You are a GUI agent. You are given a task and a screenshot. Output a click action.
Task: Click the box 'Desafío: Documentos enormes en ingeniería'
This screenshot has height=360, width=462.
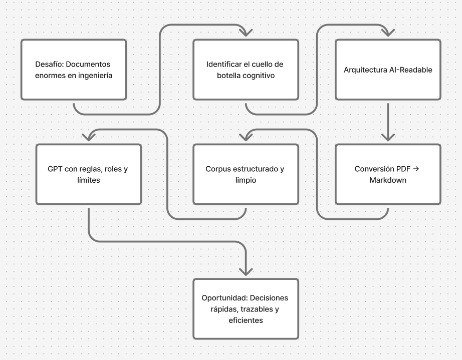[x=73, y=70]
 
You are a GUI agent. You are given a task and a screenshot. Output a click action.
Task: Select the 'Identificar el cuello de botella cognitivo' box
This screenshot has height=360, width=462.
[x=246, y=70]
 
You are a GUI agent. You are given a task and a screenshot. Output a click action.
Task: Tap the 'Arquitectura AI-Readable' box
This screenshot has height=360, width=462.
[x=388, y=70]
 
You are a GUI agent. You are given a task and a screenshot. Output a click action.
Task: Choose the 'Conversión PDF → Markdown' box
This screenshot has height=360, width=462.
[x=388, y=174]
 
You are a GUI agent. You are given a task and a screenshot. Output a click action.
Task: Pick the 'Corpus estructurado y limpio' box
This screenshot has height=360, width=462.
[x=246, y=174]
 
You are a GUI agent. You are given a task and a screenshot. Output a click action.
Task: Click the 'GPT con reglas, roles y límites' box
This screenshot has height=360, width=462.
[x=89, y=174]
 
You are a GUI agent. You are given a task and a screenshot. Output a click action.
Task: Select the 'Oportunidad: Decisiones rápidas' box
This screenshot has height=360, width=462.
[x=246, y=309]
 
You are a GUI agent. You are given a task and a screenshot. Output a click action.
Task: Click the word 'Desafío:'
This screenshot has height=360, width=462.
[x=49, y=65]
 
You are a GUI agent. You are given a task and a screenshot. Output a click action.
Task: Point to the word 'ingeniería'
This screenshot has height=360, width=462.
[x=94, y=76]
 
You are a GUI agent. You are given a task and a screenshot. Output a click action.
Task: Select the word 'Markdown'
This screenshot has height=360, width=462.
[x=387, y=180]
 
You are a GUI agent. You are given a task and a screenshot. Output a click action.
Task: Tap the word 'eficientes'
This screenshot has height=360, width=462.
[x=245, y=320]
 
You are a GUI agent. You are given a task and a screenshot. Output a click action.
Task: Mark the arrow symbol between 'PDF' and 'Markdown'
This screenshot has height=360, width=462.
[x=416, y=169]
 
